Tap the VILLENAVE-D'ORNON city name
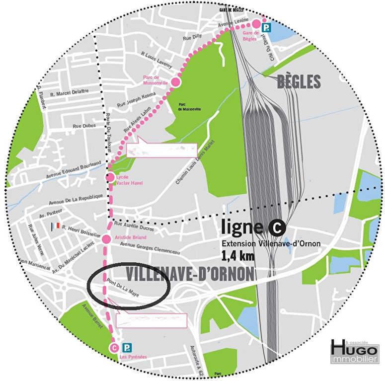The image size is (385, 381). (x=190, y=273)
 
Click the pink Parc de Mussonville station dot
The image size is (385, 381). (x=175, y=82)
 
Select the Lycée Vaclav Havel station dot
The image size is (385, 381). (x=109, y=177)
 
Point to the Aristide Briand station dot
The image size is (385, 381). (x=106, y=239)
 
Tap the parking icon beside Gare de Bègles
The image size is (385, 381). (x=267, y=28)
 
